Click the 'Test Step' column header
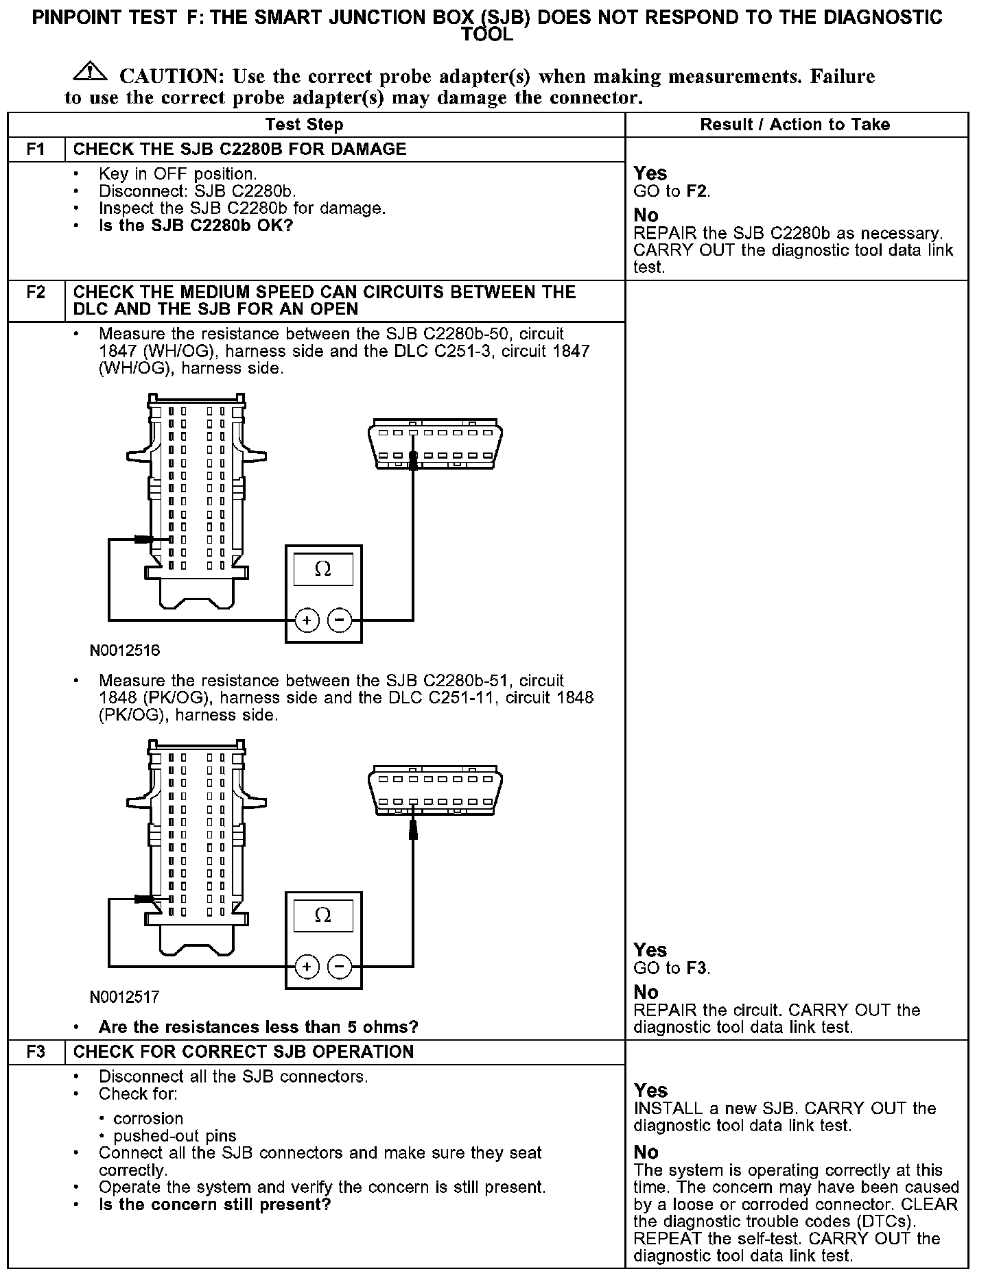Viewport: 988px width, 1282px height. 304,125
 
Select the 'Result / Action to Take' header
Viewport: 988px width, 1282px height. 795,125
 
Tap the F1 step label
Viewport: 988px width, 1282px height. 36,149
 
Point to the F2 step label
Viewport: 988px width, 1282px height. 36,293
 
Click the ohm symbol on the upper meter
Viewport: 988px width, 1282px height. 322,570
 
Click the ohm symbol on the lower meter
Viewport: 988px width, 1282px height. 322,916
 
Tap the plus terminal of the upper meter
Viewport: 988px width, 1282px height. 307,620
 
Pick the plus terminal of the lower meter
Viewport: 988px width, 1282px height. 307,967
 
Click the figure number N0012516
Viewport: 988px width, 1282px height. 125,651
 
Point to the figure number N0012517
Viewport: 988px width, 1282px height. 125,997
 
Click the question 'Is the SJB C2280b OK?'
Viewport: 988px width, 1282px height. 196,226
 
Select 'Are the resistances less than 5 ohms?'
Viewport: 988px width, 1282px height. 258,1028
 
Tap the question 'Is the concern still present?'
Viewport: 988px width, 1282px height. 215,1205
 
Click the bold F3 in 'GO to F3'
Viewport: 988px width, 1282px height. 696,969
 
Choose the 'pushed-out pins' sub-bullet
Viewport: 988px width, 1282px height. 175,1136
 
